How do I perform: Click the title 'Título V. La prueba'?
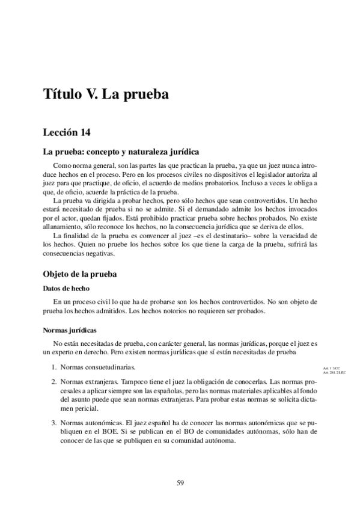pos(105,94)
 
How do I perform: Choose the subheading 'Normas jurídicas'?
pos(69,330)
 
